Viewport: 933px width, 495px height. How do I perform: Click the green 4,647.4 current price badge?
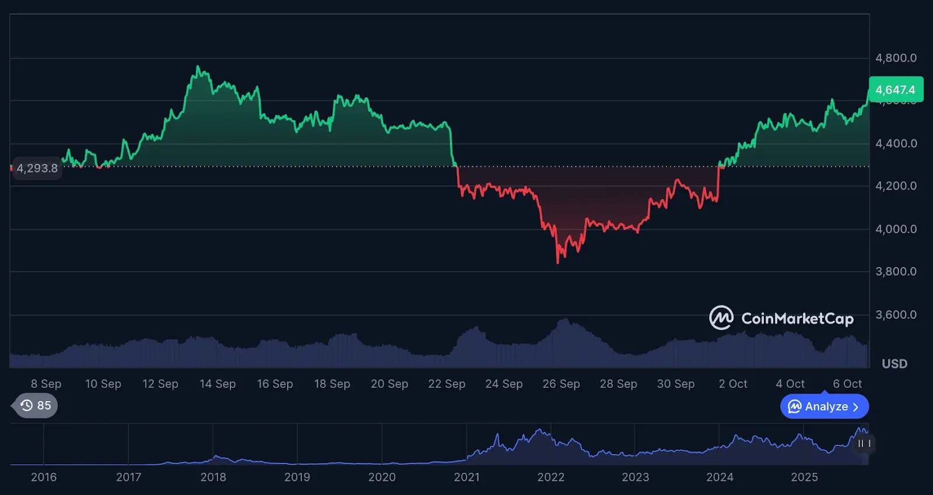click(896, 90)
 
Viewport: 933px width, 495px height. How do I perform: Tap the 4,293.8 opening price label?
click(37, 168)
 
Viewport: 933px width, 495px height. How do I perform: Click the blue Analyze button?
click(824, 406)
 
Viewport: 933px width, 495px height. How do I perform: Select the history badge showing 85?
click(36, 406)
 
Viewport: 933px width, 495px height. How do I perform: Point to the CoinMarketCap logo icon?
click(721, 318)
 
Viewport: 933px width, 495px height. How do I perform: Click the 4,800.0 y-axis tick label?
click(896, 58)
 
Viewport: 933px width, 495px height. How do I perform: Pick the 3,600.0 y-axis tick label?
click(896, 315)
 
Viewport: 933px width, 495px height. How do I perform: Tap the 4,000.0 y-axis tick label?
click(896, 229)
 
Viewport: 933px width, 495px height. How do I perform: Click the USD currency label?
click(895, 364)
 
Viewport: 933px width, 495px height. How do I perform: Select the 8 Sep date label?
click(46, 384)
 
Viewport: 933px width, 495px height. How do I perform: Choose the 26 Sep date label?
click(561, 384)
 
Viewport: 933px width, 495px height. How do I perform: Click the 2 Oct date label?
click(733, 384)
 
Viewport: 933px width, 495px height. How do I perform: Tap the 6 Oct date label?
click(847, 384)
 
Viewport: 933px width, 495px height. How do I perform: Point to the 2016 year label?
click(44, 477)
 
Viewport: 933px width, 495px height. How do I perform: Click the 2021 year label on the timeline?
click(466, 477)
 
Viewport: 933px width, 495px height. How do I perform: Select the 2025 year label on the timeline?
click(804, 477)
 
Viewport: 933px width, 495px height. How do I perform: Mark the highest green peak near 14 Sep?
click(198, 66)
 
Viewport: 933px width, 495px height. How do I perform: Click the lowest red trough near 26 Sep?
click(558, 263)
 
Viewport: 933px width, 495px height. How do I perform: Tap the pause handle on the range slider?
click(864, 444)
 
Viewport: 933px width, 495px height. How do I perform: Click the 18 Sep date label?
click(332, 384)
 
